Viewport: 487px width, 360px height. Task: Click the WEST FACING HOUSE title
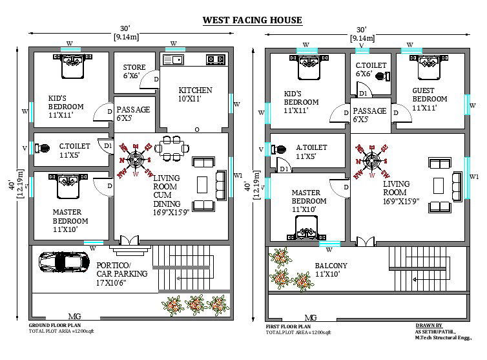point(253,20)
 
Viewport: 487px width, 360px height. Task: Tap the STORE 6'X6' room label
point(134,70)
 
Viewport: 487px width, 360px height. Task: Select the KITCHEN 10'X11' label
point(195,94)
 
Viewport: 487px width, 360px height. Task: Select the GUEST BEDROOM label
point(430,100)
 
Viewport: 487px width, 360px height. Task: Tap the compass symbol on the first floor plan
point(371,160)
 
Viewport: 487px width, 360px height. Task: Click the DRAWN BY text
point(430,326)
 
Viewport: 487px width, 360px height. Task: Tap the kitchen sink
point(172,60)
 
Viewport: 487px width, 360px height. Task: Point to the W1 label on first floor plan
point(474,176)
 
